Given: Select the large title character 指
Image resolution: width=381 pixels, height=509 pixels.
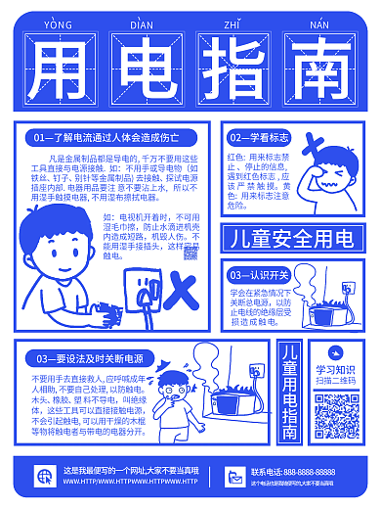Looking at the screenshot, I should point(234,68).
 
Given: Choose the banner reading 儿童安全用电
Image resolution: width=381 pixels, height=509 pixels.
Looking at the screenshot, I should point(290,238).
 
